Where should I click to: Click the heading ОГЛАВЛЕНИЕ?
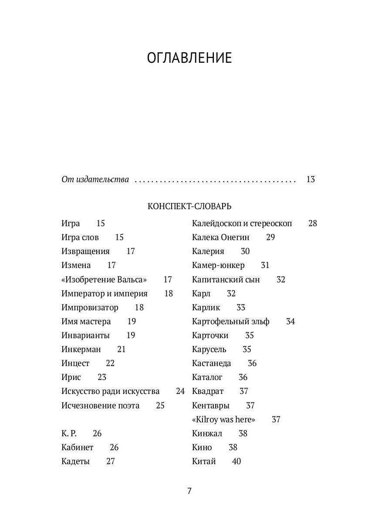point(189,58)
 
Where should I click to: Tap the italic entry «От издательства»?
point(95,179)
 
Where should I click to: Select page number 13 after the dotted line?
point(310,179)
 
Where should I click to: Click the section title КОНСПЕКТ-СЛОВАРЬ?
point(189,206)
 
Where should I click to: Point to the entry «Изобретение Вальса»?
point(104,279)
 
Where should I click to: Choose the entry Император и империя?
point(105,293)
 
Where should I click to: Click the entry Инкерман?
point(81,349)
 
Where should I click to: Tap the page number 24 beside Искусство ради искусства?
point(180,391)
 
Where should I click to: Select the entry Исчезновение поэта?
point(101,405)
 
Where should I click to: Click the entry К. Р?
point(69,433)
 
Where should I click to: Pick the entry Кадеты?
point(76,461)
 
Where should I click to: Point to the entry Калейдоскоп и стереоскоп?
point(242,223)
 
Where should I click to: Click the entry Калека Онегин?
point(220,237)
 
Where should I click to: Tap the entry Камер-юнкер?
point(218,265)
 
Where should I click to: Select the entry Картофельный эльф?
point(230,321)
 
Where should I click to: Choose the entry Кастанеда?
point(211,363)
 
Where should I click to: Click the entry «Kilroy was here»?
point(223,419)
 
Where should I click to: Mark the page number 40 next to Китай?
point(236,461)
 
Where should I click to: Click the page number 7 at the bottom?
point(189,491)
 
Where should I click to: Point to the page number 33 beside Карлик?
point(241,307)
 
